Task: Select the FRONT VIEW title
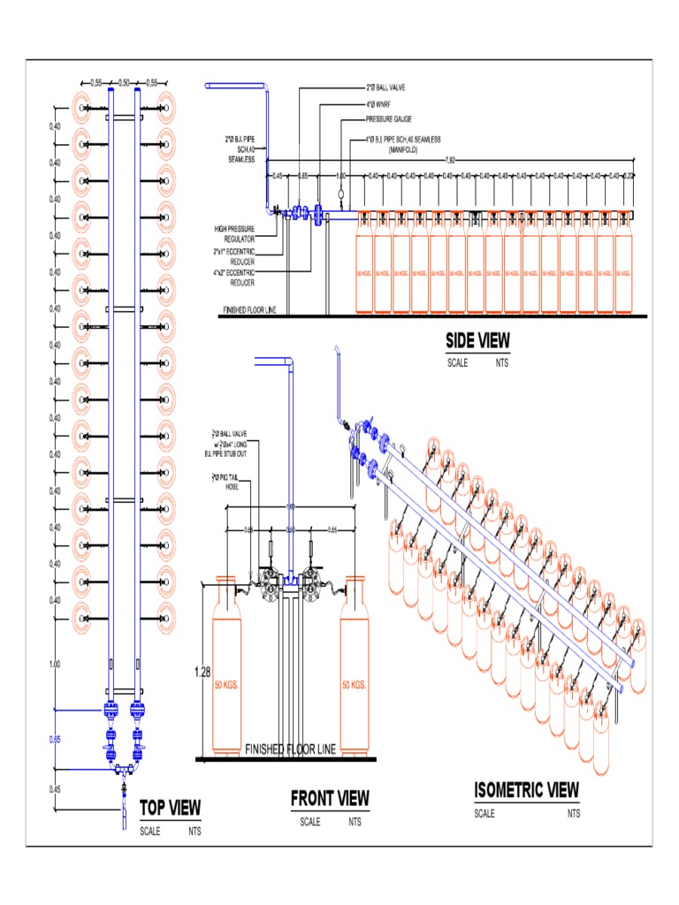pos(330,799)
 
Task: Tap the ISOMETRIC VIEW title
pos(526,789)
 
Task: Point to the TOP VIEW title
pos(172,808)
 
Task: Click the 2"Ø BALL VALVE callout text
pos(385,88)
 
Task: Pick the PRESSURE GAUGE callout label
pos(389,118)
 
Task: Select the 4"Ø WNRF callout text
pos(378,103)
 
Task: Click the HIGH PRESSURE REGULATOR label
pos(234,233)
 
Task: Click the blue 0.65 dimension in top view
pos(55,739)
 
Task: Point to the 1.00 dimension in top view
pos(55,664)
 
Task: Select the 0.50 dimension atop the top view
pos(124,82)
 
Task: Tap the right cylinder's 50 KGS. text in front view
pos(354,685)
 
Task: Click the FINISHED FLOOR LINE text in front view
pos(290,749)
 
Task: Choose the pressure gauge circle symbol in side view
pos(340,193)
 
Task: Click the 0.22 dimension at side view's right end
pos(629,175)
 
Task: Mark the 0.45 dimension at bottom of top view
pos(55,789)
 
